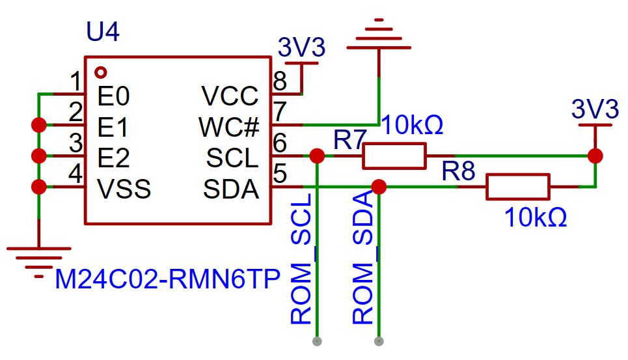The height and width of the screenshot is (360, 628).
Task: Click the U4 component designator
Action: tap(103, 32)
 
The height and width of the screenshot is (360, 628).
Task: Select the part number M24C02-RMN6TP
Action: tap(167, 279)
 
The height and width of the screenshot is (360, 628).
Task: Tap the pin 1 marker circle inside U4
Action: tap(100, 72)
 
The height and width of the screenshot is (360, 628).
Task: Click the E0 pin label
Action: tap(113, 96)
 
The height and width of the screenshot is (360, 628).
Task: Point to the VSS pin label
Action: tap(124, 189)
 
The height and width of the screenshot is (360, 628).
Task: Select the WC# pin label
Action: tap(229, 128)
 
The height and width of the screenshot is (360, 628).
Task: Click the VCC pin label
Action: tap(230, 96)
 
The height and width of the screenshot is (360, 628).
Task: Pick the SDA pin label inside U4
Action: tap(231, 189)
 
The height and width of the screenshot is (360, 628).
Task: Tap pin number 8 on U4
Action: tap(280, 81)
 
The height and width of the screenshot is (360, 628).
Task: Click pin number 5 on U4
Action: tap(280, 174)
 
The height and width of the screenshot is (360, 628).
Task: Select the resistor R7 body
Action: tap(394, 156)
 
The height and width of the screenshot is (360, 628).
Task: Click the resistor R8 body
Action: tap(518, 187)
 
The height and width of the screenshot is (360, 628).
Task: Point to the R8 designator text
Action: tap(458, 171)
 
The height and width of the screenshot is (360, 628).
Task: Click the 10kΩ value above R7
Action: tap(412, 125)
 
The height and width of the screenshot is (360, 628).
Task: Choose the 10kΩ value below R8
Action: tap(536, 218)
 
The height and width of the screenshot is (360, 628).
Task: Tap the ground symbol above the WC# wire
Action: tap(379, 34)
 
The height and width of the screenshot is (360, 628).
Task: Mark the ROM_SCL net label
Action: tap(301, 258)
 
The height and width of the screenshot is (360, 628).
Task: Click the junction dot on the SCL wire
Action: tap(317, 156)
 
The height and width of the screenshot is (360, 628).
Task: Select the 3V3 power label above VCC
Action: tap(301, 48)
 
